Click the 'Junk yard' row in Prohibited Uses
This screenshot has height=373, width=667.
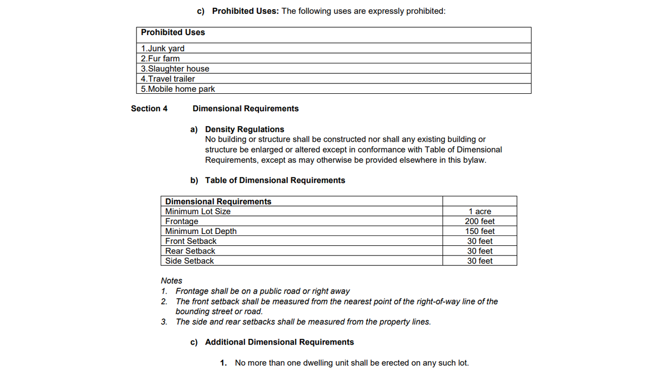[163, 48]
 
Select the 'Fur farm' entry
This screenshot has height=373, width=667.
[160, 59]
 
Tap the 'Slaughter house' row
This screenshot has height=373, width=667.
[175, 69]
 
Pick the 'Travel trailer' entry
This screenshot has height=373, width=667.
[168, 79]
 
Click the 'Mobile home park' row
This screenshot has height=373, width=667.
[178, 89]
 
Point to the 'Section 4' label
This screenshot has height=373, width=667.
[149, 109]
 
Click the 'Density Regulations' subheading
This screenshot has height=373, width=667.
[245, 129]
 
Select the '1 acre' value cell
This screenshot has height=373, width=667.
[480, 211]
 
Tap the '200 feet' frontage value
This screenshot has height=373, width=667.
[480, 222]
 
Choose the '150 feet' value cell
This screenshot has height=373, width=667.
[480, 231]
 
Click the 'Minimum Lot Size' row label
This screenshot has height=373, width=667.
[198, 211]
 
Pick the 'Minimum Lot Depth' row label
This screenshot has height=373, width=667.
[201, 231]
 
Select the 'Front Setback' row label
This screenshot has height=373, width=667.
[191, 241]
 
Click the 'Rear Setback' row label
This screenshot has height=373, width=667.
[190, 251]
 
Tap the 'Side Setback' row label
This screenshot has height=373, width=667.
[189, 261]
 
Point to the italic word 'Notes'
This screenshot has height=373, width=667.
[172, 281]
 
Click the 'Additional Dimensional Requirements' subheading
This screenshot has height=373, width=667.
[279, 342]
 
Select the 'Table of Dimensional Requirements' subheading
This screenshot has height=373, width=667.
[275, 180]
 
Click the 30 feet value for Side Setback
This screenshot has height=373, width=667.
[480, 261]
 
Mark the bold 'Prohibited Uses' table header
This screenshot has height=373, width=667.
[173, 32]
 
